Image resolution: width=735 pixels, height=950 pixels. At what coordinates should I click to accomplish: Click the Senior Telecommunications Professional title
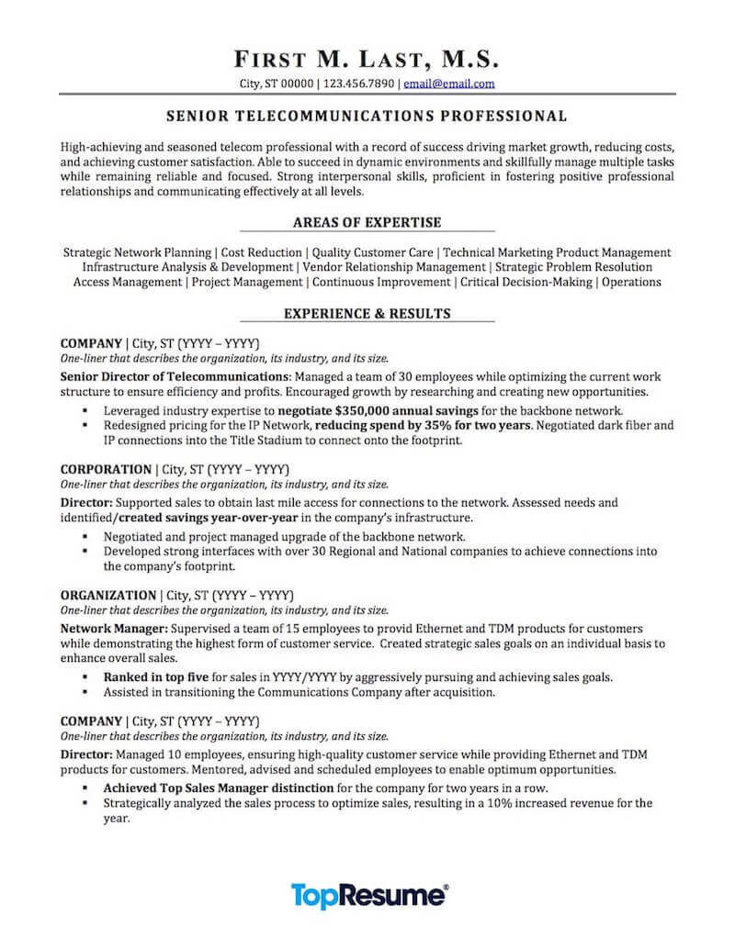click(367, 117)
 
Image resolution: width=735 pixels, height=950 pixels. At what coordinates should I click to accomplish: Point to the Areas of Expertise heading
click(367, 222)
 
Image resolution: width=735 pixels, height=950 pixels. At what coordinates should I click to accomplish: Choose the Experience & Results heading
click(367, 313)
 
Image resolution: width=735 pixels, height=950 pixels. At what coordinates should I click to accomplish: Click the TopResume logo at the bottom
click(369, 895)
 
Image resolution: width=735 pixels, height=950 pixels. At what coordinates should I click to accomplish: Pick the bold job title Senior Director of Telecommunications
click(175, 377)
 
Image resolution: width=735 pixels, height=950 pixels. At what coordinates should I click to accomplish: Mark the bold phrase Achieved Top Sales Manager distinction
click(218, 788)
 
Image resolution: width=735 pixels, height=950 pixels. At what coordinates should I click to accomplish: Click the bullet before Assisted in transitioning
click(85, 692)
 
